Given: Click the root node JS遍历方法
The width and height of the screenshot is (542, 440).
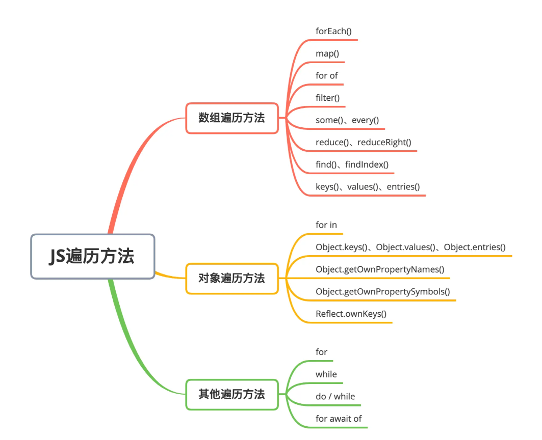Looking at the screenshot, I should pos(92,256).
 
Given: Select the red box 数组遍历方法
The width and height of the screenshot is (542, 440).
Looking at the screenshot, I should pos(232,118).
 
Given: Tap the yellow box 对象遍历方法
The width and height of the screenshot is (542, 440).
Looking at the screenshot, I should pos(232,279).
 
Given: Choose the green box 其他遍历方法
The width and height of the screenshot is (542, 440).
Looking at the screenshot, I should pos(232,394).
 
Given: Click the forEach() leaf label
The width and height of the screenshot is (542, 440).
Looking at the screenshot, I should pos(333,31).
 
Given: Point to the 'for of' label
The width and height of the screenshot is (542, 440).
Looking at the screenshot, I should pos(326,75).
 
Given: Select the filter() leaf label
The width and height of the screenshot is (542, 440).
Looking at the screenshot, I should pos(328,98).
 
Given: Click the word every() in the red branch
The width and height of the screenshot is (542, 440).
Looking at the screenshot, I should pos(365,120).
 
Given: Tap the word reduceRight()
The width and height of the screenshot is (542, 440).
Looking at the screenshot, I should pos(384,142).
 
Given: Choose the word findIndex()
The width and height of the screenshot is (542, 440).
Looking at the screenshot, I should pos(367,164).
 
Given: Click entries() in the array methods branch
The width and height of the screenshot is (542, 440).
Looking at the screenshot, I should pos(403,186).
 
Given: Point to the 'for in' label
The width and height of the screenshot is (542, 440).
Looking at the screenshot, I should pos(326,225).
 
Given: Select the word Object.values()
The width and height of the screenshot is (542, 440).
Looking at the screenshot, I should pos(406,247).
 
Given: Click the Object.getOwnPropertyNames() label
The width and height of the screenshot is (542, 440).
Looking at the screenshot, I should pos(380,269).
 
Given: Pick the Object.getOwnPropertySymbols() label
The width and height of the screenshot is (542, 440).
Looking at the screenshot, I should pos(382,291).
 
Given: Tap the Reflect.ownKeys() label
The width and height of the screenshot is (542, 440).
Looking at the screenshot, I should pos(351,314).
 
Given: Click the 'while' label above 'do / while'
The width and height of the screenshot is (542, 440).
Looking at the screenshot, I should pos(326,374).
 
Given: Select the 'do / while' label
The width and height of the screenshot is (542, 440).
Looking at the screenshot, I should pos(335,396).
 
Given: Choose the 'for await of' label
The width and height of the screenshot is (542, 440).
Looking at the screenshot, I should pos(339,419).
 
